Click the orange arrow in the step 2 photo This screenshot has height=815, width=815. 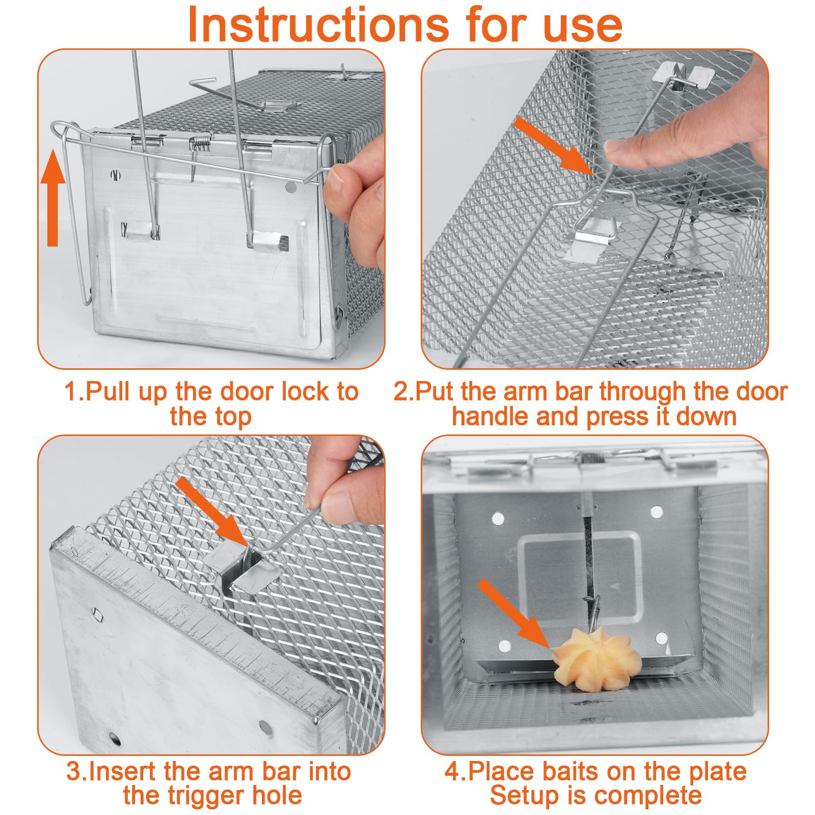click(555, 146)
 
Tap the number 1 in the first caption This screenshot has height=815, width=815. click(71, 392)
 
